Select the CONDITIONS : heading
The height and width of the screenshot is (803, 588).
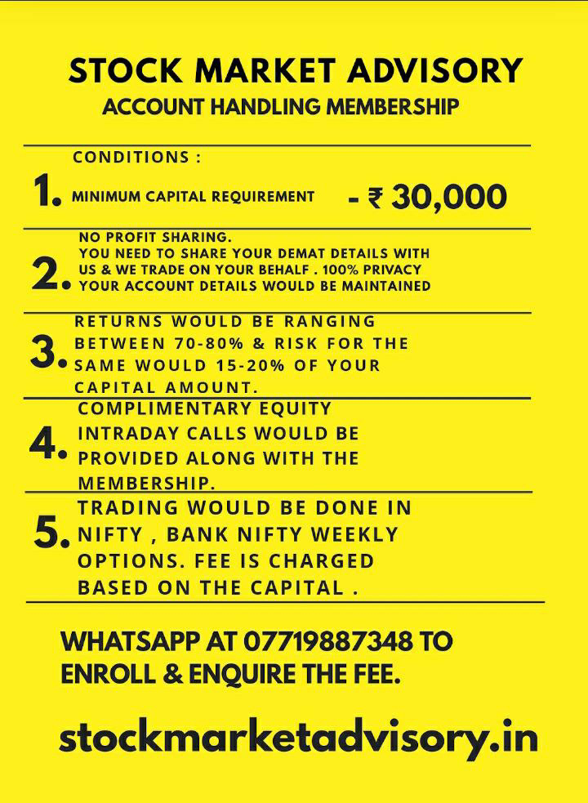(x=136, y=158)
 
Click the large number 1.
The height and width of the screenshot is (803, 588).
(x=47, y=194)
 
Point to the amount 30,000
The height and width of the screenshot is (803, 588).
(x=449, y=197)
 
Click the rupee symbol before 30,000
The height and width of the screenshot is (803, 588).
(x=375, y=198)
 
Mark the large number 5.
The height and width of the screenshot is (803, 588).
(x=51, y=534)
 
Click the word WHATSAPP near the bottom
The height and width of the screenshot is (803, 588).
(x=131, y=642)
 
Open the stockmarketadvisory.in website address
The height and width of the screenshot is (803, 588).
(x=298, y=738)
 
